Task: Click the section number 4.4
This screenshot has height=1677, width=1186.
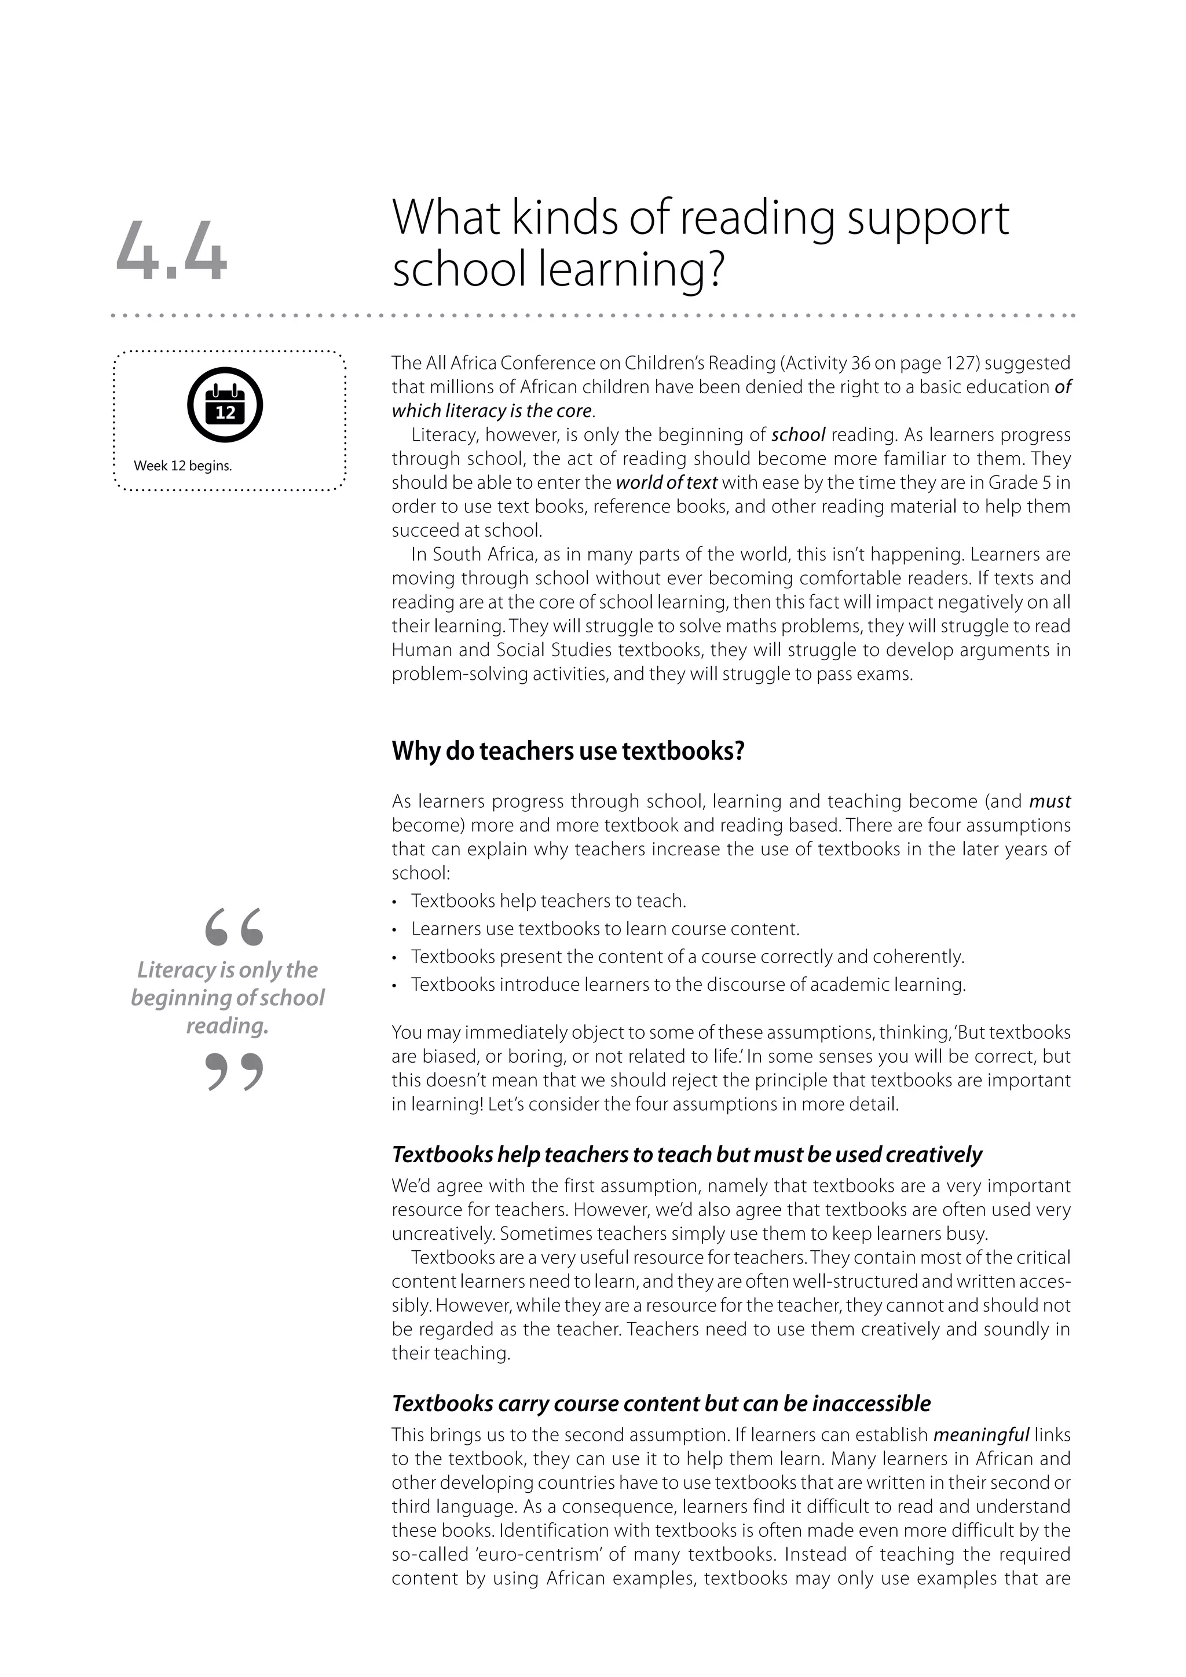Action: pos(171,251)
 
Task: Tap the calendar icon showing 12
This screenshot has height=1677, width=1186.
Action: pos(225,405)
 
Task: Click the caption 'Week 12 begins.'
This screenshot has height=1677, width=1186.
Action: pos(182,466)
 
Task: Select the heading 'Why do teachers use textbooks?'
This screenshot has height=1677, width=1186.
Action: pos(568,751)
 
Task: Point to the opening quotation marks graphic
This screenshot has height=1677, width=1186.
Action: pos(234,927)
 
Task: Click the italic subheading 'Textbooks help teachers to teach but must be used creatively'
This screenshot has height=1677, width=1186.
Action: pos(686,1154)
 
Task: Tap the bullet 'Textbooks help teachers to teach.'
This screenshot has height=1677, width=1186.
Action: pos(548,901)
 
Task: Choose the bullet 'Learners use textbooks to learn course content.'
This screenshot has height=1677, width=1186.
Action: pos(605,929)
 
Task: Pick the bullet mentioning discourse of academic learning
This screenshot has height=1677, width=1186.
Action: pos(688,984)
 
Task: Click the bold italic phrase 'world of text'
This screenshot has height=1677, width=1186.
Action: pos(666,483)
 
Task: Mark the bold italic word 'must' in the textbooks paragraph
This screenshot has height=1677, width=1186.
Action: pos(1049,802)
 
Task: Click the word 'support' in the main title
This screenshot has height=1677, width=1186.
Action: pos(928,218)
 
